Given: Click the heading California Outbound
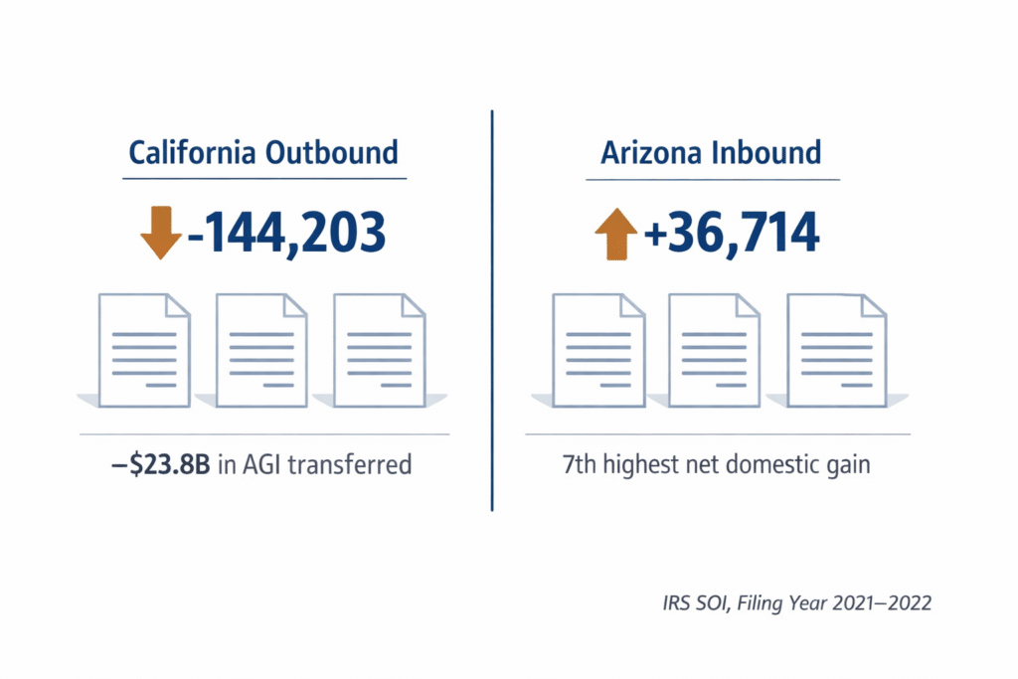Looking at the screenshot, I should point(263,153).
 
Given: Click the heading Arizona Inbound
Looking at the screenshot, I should point(711,153).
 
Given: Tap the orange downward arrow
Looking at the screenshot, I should point(160,232).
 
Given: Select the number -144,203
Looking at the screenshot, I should point(285,232).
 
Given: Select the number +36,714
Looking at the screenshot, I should point(732,232).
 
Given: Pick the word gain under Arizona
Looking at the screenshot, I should point(847,464).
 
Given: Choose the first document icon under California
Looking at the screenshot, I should point(145,349).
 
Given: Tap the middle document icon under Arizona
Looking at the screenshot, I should point(715,349).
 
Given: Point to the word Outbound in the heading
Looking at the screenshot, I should point(333,153).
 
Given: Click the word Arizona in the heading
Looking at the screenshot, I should point(657,153).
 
